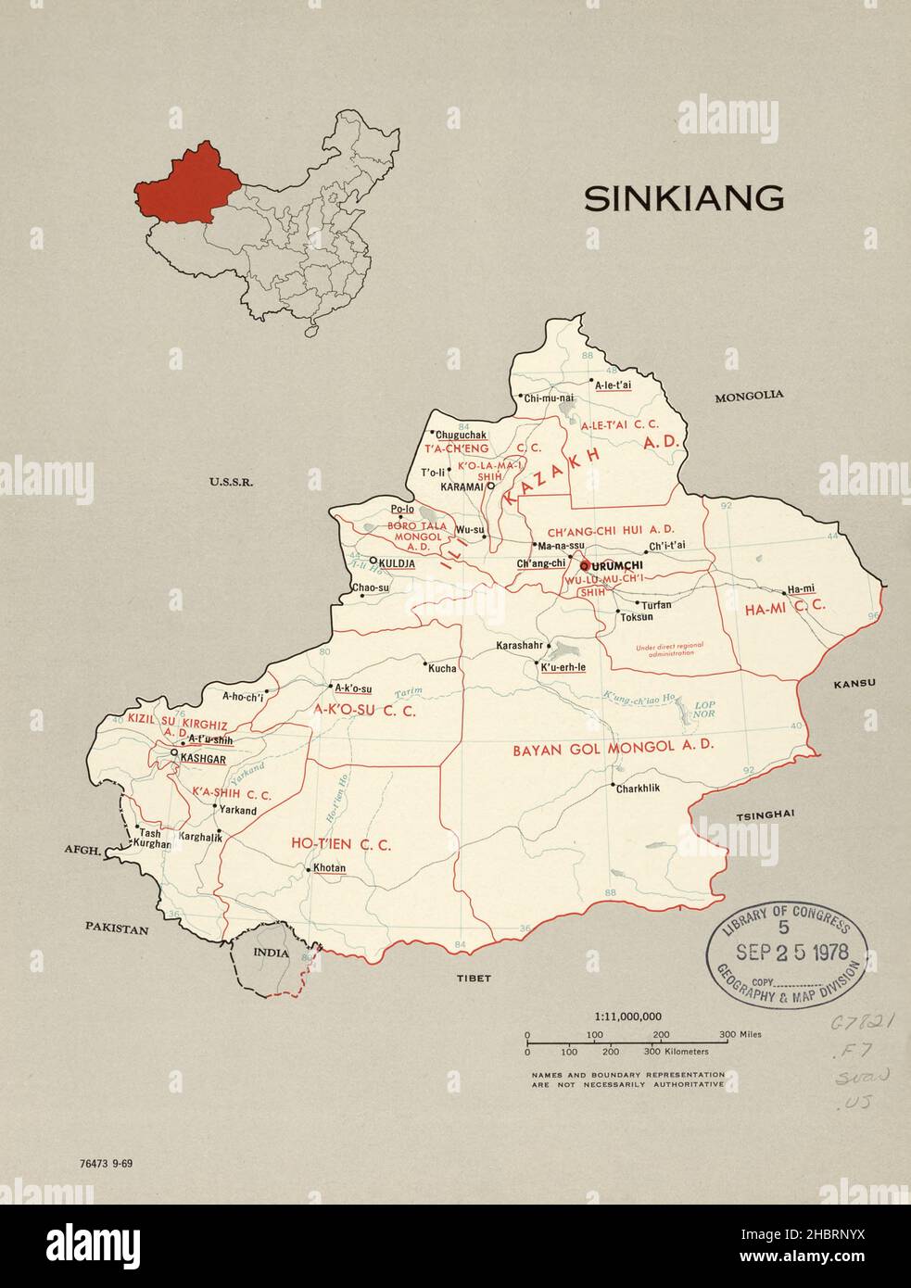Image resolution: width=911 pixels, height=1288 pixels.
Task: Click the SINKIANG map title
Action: point(683,198)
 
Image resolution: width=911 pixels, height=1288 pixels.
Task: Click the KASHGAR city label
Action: point(203,758)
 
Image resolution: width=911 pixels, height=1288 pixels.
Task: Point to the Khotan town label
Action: point(329,868)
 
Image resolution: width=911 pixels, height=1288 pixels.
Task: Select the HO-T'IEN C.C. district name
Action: point(341,844)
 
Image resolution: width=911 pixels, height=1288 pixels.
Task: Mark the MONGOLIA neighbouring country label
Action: point(749,395)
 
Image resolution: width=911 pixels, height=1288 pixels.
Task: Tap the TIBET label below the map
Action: point(473,978)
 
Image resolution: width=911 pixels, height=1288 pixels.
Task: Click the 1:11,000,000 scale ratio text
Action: point(627,1016)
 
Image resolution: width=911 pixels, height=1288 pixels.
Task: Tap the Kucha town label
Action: point(442,668)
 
